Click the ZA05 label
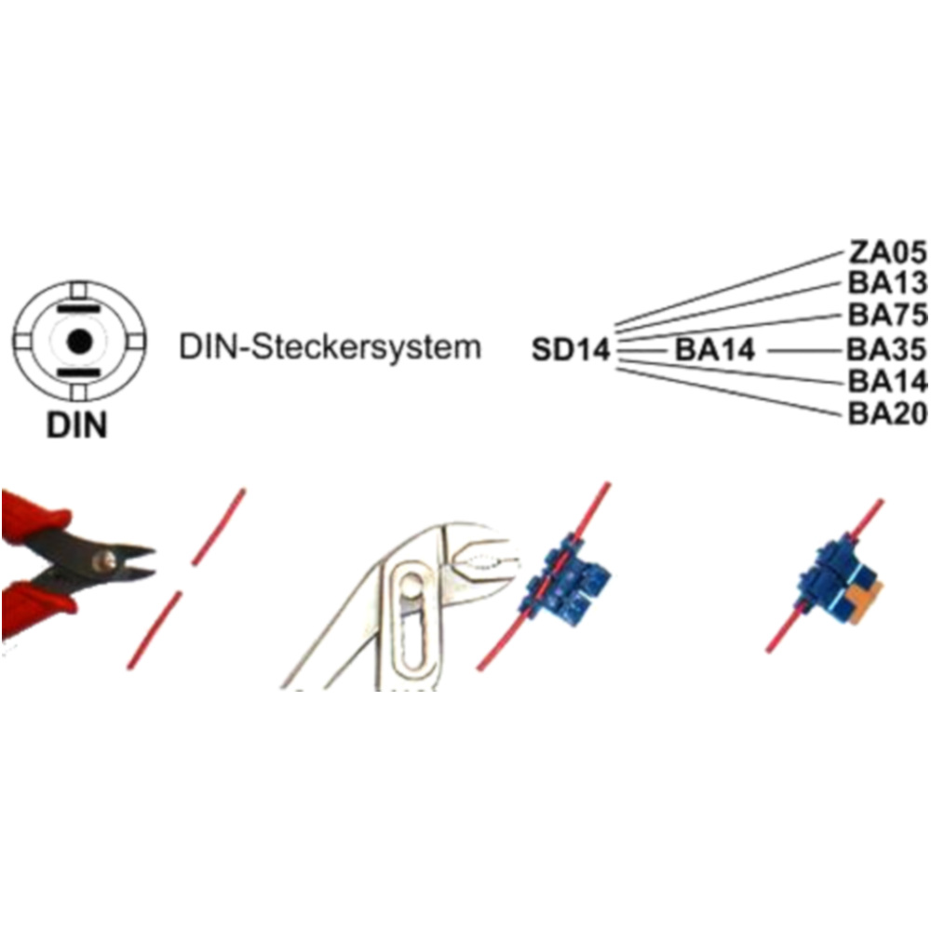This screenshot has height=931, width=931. click(x=888, y=251)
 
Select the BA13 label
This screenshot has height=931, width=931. click(x=888, y=283)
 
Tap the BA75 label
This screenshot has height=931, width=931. click(x=888, y=316)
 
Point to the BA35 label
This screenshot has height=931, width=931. click(x=888, y=349)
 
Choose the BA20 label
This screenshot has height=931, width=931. click(x=888, y=412)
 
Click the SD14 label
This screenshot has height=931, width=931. click(x=571, y=350)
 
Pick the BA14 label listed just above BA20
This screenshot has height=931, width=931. click(x=888, y=381)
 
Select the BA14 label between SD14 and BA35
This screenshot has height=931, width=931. click(x=714, y=350)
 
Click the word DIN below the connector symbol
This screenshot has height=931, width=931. click(x=77, y=426)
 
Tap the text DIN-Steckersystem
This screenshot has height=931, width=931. click(x=331, y=348)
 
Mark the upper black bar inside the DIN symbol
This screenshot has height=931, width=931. click(x=78, y=308)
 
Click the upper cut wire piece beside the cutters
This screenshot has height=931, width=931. click(x=220, y=526)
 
